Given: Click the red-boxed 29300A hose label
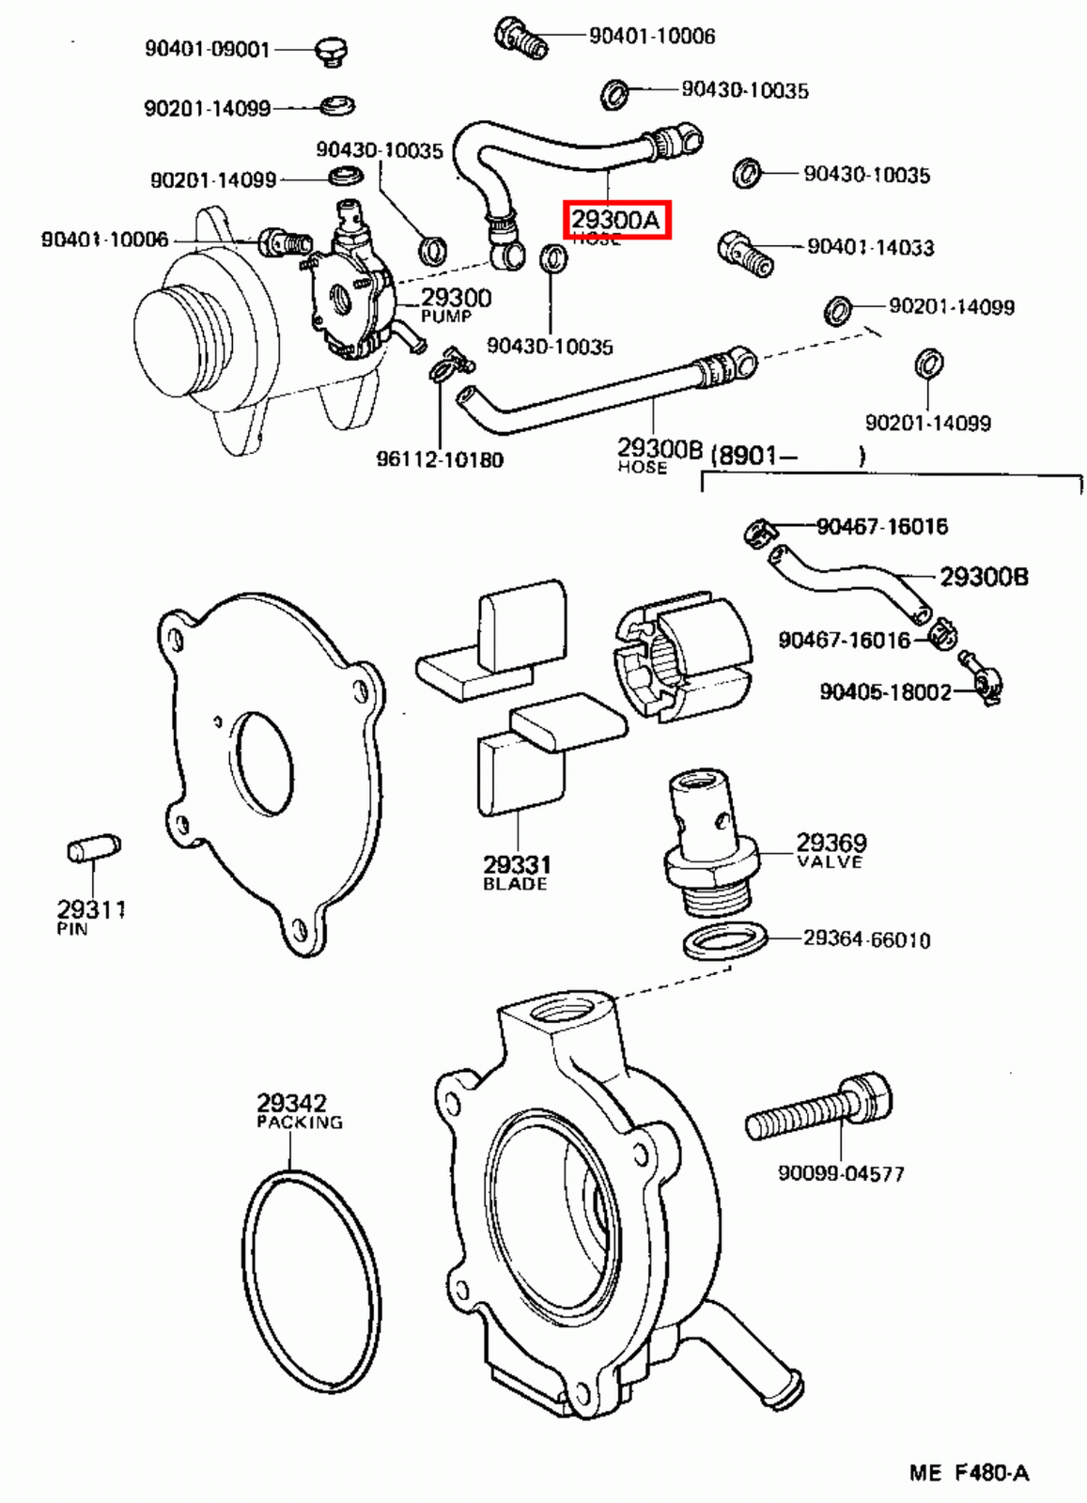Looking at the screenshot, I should (616, 220).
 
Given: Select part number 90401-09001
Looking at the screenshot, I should (207, 48).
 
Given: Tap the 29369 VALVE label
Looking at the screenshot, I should (831, 849).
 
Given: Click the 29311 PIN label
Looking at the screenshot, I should (90, 915).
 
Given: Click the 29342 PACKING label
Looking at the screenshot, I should (297, 1109).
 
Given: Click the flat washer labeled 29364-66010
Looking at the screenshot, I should (724, 940).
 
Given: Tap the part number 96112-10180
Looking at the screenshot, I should (440, 459).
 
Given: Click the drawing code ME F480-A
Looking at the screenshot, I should (969, 1472).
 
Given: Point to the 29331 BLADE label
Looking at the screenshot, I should (516, 871).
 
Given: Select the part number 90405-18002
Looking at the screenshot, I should (885, 692).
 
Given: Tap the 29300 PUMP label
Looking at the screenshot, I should (455, 303).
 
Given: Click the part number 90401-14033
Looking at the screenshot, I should (870, 247).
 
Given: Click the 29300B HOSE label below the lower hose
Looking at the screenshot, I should (658, 454).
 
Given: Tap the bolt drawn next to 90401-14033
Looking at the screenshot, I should (745, 253).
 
